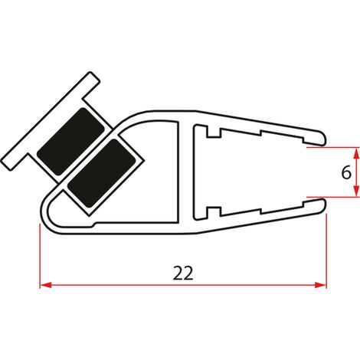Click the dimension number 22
click(x=183, y=273)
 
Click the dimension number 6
click(x=346, y=172)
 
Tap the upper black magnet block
click(x=70, y=141)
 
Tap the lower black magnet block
click(x=101, y=173)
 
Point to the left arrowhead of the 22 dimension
click(x=46, y=285)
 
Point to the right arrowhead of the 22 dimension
click(x=320, y=285)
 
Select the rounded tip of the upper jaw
click(x=324, y=139)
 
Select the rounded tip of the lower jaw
click(x=324, y=205)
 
